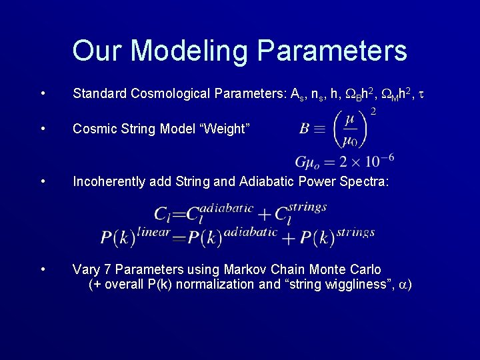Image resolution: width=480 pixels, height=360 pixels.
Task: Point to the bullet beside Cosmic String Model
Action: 43,128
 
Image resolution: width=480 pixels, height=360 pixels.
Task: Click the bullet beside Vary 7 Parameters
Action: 43,269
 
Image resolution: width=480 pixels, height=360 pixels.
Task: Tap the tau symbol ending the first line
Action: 421,94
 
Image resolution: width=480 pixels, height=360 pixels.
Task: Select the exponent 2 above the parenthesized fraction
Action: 373,112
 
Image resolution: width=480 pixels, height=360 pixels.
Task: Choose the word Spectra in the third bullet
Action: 365,181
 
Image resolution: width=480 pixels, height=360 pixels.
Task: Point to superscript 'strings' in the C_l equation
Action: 307,207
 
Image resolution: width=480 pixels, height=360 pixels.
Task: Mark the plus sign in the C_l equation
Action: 265,214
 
